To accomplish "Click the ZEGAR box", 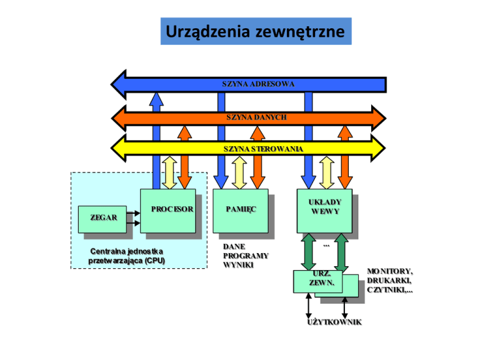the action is pos(102,219).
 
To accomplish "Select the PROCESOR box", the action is pos(167,211).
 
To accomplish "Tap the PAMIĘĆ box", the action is pos(241,211).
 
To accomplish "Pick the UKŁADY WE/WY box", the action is pos(324,211).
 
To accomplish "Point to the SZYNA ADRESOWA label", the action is pos(258,84).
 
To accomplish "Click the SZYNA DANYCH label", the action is pos(256,117).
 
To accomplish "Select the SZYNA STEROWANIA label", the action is pos(263,149).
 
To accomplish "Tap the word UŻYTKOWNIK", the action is pos(334,322).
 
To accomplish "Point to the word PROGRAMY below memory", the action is pos(246,256).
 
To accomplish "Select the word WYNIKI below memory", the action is pos(238,265).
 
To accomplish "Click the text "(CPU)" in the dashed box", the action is pos(155,261).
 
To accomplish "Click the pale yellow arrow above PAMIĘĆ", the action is pos(239,172).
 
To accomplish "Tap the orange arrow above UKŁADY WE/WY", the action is pos(345,157).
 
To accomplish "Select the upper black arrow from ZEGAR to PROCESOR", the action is pos(133,213).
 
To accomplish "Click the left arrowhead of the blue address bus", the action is pos(119,84).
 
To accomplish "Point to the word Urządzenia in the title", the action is pos(208,31).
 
